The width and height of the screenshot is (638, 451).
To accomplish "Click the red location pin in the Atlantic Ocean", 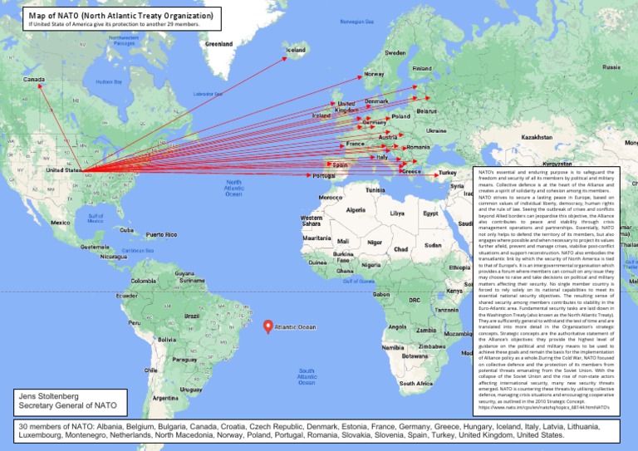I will pyautogui.click(x=267, y=326).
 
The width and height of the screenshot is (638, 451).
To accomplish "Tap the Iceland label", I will pyautogui.click(x=297, y=51).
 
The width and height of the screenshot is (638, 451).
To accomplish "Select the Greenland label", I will pyautogui.click(x=219, y=43).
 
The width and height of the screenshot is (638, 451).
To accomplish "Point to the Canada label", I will pyautogui.click(x=34, y=80).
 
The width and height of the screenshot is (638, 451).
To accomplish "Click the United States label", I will pyautogui.click(x=63, y=170).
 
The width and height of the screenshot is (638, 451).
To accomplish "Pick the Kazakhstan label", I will pyautogui.click(x=537, y=136).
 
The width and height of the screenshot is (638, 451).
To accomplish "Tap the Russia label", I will pyautogui.click(x=611, y=66).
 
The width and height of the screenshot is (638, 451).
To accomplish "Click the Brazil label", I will pyautogui.click(x=192, y=316).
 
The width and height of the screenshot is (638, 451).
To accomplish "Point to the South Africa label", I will pyautogui.click(x=415, y=384).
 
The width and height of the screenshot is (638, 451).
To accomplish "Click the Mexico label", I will pyautogui.click(x=60, y=223).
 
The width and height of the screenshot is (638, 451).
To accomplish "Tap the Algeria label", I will pyautogui.click(x=356, y=209).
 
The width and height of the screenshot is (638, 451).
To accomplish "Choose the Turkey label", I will pyautogui.click(x=449, y=173).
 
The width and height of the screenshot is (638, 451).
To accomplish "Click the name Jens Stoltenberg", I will pyautogui.click(x=55, y=396).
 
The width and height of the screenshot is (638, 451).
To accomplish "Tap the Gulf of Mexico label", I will pyautogui.click(x=95, y=218).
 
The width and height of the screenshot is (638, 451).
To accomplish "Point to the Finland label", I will pyautogui.click(x=422, y=68).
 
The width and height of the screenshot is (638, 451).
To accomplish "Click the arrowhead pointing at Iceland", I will pyautogui.click(x=283, y=51).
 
